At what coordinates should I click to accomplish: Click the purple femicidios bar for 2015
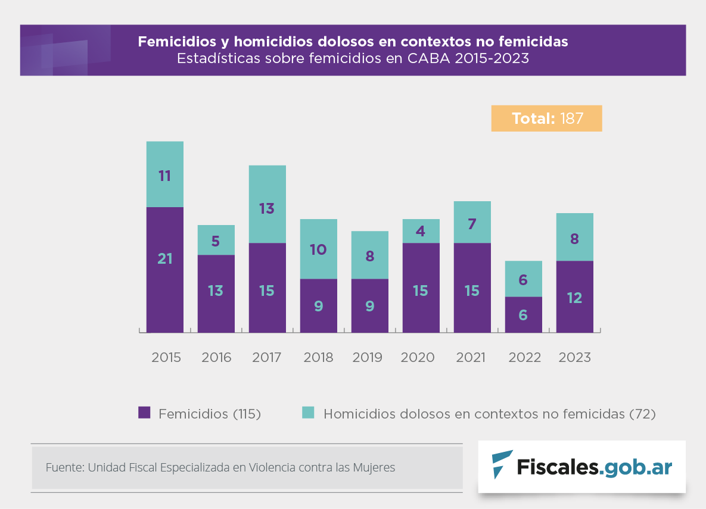pos(165,270)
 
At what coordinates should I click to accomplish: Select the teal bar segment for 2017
pos(268,204)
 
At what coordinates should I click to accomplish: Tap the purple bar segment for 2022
pos(524,314)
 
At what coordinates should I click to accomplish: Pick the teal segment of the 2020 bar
pos(421,230)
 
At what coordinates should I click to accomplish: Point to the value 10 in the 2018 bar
pos(318,249)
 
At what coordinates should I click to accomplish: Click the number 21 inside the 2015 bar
pos(165,259)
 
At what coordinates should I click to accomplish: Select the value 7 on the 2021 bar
pos(472,225)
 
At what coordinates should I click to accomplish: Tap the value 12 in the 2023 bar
pos(574,298)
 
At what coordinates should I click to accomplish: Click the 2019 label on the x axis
pos(368,358)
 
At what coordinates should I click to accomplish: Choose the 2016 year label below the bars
pos(216,358)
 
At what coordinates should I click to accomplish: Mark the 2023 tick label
pos(575,358)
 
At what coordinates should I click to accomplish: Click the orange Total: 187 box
pos(546,118)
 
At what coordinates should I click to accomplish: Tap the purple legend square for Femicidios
pos(144,413)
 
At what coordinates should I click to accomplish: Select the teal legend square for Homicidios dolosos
pos(308,413)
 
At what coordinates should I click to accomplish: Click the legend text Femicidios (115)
pos(210,414)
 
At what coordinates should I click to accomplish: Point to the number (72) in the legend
pos(642,414)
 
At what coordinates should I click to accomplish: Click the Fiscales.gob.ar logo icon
pos(502,465)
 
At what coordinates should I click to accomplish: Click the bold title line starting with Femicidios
pos(353,42)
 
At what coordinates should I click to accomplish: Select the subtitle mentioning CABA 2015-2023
pos(353,59)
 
